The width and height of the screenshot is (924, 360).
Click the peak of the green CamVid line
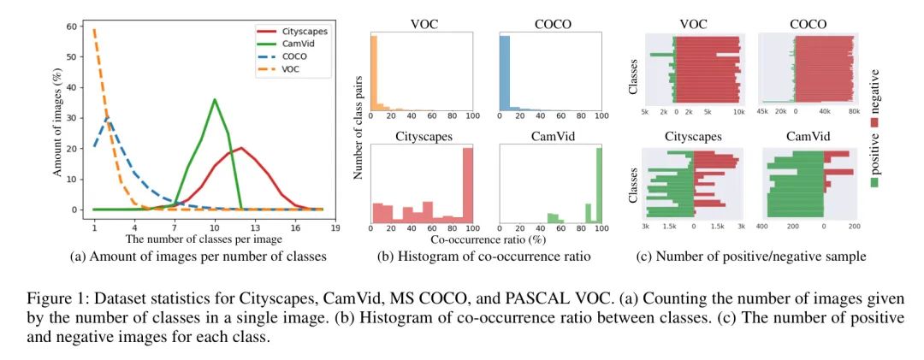(x=215, y=99)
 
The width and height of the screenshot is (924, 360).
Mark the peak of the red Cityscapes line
(x=242, y=148)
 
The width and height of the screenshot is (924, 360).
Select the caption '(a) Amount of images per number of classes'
(x=192, y=256)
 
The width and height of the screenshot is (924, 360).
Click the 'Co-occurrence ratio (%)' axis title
(x=486, y=241)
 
